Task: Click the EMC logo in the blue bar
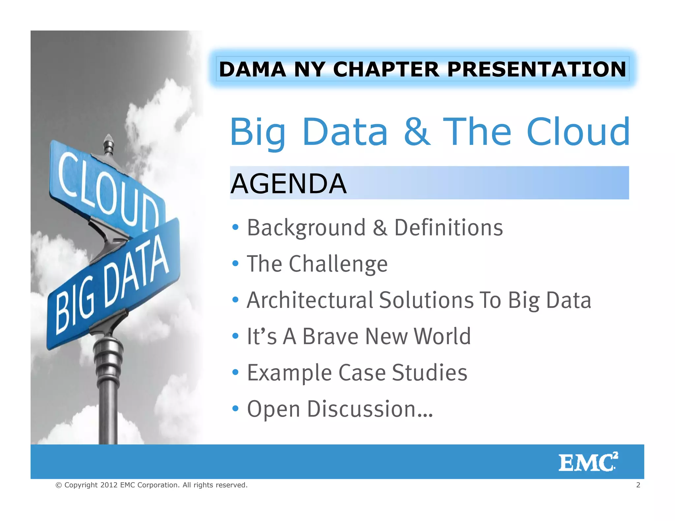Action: tap(588, 462)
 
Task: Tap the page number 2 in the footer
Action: tap(638, 485)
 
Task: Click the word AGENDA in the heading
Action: tap(288, 184)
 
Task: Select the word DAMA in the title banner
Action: tap(252, 69)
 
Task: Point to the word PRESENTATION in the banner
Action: tap(536, 69)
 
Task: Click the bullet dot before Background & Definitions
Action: tap(235, 227)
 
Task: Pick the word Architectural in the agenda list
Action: tap(310, 300)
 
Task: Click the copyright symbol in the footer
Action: tap(59, 485)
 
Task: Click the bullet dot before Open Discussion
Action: tap(235, 409)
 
